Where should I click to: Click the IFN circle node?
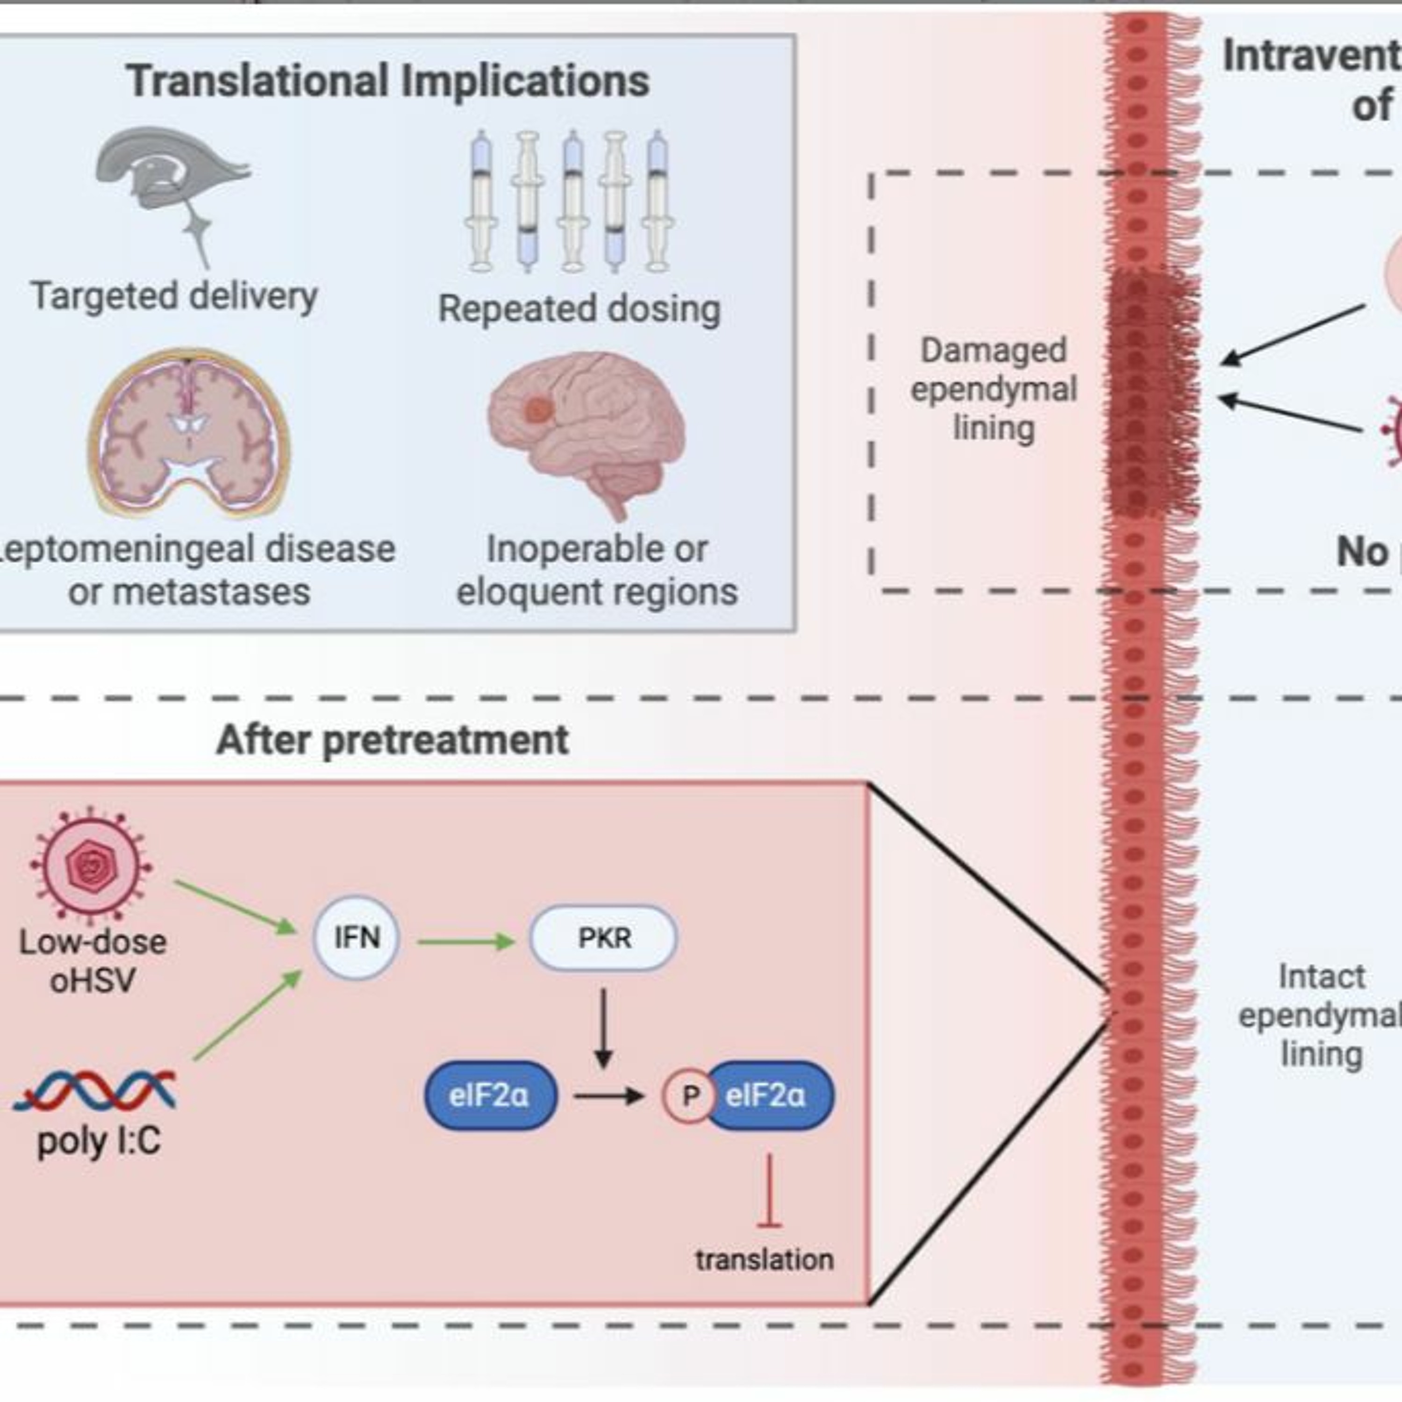pyautogui.click(x=356, y=937)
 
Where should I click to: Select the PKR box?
pyautogui.click(x=604, y=937)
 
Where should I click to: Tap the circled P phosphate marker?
pyautogui.click(x=689, y=1095)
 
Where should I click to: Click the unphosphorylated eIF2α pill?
pyautogui.click(x=491, y=1095)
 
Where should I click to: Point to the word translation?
pyautogui.click(x=764, y=1260)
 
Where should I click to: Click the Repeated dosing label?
pyautogui.click(x=579, y=308)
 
